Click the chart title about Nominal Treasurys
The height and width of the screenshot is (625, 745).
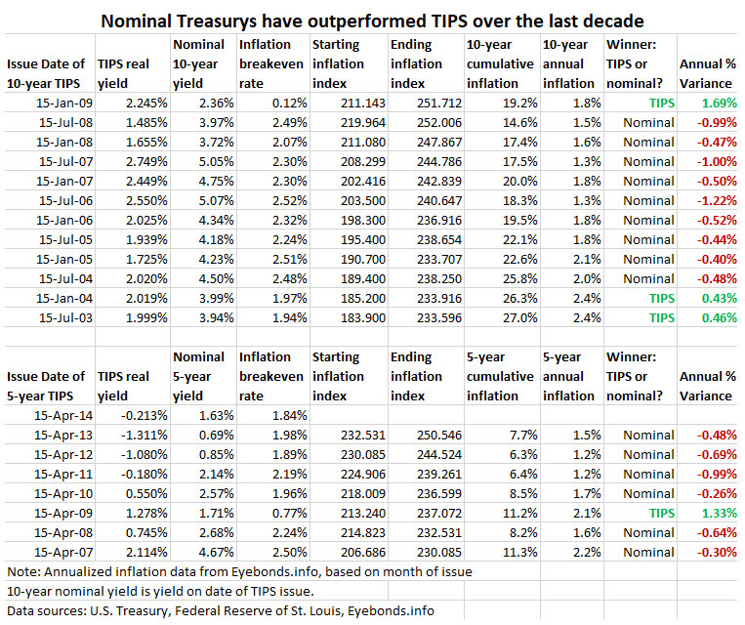click(x=372, y=20)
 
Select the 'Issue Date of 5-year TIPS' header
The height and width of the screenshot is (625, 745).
click(x=50, y=386)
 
